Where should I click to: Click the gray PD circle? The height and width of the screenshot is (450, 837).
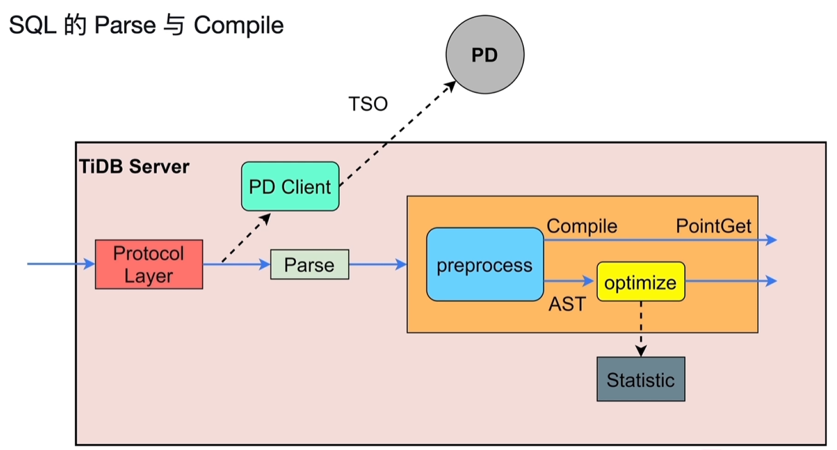click(x=485, y=55)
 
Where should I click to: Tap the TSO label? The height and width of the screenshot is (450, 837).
click(x=368, y=104)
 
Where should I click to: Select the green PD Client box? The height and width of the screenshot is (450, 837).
click(x=290, y=186)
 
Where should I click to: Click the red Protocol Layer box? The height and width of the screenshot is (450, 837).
click(x=149, y=264)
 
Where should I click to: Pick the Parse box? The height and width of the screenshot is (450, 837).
click(x=309, y=264)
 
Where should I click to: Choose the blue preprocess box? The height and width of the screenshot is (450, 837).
click(x=485, y=264)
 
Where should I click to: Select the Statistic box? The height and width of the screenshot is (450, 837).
click(x=641, y=379)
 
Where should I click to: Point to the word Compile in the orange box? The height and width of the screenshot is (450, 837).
click(x=581, y=226)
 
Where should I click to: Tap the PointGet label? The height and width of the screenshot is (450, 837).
click(x=713, y=226)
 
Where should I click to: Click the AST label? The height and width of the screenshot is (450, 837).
click(x=566, y=304)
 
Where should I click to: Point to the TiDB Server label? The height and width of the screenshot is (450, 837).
click(x=133, y=167)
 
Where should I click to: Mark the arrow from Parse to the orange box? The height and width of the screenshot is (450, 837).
click(x=377, y=264)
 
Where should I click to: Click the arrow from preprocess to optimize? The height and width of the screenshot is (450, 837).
click(x=569, y=281)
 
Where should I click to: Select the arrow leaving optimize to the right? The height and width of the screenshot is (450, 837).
click(x=730, y=281)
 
